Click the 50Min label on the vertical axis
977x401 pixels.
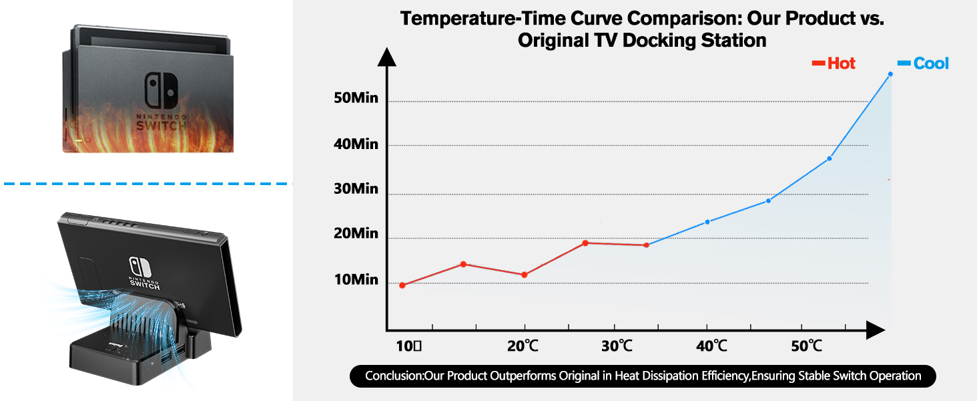pyautogui.click(x=355, y=98)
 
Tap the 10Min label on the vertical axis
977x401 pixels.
pyautogui.click(x=355, y=279)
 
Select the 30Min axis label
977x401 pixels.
pyautogui.click(x=355, y=188)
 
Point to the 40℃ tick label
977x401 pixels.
pyautogui.click(x=711, y=346)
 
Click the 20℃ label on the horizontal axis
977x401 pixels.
pyautogui.click(x=523, y=346)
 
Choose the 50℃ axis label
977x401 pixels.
pyautogui.click(x=806, y=346)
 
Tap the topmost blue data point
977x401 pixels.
pyautogui.click(x=890, y=74)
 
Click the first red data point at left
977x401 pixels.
pyautogui.click(x=402, y=285)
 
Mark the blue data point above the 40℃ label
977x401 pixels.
pyautogui.click(x=707, y=221)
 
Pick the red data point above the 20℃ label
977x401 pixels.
pyautogui.click(x=524, y=275)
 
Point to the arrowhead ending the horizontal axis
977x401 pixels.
pyautogui.click(x=876, y=329)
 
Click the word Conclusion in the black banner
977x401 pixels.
pyautogui.click(x=394, y=376)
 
